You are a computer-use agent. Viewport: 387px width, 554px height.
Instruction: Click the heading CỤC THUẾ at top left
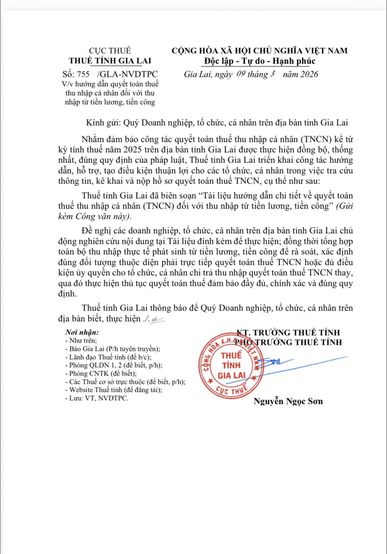pyautogui.click(x=110, y=51)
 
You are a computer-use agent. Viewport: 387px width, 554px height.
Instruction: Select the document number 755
pyautogui.click(x=83, y=74)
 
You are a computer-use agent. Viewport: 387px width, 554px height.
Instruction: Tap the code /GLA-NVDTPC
pyautogui.click(x=128, y=74)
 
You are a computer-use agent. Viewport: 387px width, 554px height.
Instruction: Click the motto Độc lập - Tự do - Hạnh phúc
pyautogui.click(x=259, y=61)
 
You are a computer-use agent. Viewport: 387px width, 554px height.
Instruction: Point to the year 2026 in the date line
pyautogui.click(x=309, y=74)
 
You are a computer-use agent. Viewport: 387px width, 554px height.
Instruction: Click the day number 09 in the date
pyautogui.click(x=241, y=74)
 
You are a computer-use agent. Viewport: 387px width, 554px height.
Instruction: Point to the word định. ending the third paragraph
pyautogui.click(x=67, y=293)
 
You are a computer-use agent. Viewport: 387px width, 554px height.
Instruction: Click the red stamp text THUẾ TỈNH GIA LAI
pyautogui.click(x=232, y=365)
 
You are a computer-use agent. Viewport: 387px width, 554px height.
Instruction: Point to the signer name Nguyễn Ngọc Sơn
pyautogui.click(x=288, y=401)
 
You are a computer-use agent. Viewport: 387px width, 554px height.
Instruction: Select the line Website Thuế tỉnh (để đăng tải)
pyautogui.click(x=115, y=390)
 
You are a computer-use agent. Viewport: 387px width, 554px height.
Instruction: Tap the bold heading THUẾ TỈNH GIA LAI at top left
pyautogui.click(x=110, y=61)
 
